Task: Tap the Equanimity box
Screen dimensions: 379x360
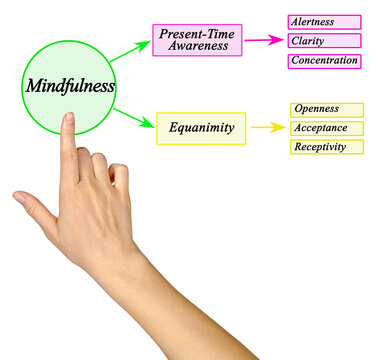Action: click(201, 127)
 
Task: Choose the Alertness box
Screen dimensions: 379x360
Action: click(324, 21)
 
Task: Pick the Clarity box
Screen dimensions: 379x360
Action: click(324, 41)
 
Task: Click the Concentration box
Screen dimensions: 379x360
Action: click(324, 61)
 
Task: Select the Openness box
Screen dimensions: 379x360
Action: click(327, 109)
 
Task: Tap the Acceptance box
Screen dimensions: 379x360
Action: click(327, 128)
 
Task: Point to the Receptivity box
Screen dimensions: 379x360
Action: click(327, 147)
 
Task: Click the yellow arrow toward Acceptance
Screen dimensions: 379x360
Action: click(267, 127)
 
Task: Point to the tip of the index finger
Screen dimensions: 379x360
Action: click(69, 116)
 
